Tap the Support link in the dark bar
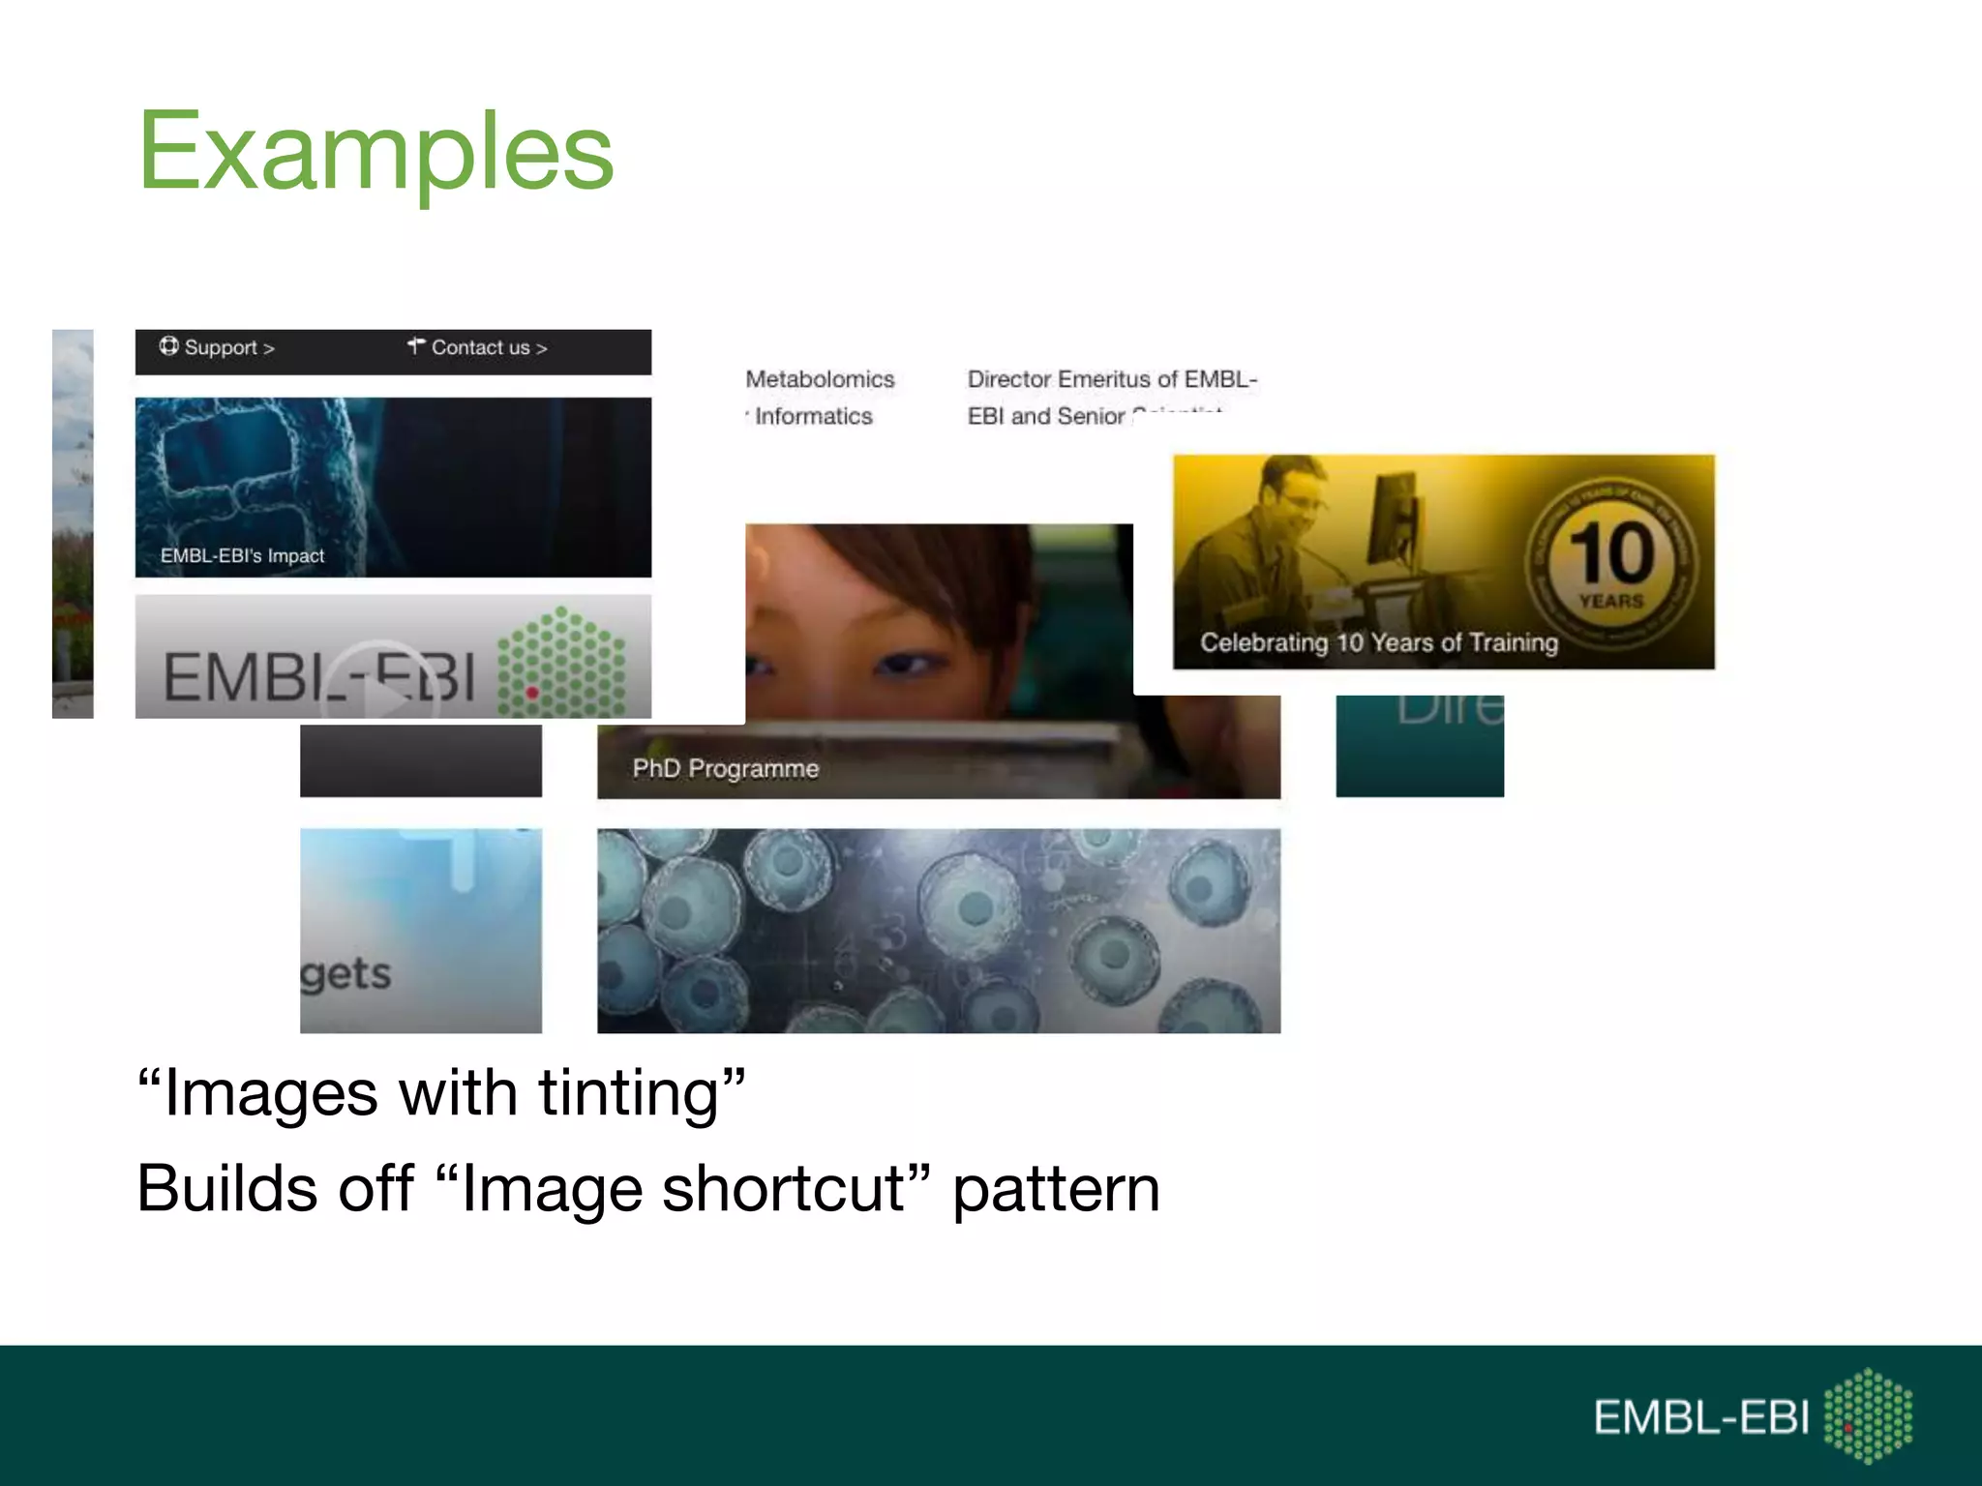click(x=218, y=347)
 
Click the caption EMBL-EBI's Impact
click(x=242, y=555)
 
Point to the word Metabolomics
click(x=820, y=379)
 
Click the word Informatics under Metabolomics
click(x=813, y=416)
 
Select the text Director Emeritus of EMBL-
click(x=1112, y=379)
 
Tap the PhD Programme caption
click(x=725, y=768)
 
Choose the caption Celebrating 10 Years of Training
click(x=1378, y=642)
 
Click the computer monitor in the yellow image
click(x=1394, y=518)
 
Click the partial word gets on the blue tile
click(x=345, y=973)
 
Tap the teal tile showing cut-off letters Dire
click(x=1419, y=745)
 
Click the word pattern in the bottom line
click(x=1056, y=1189)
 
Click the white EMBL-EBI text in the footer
click(x=1700, y=1417)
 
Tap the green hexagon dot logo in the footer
click(x=1868, y=1414)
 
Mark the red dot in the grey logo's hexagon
click(x=531, y=693)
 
